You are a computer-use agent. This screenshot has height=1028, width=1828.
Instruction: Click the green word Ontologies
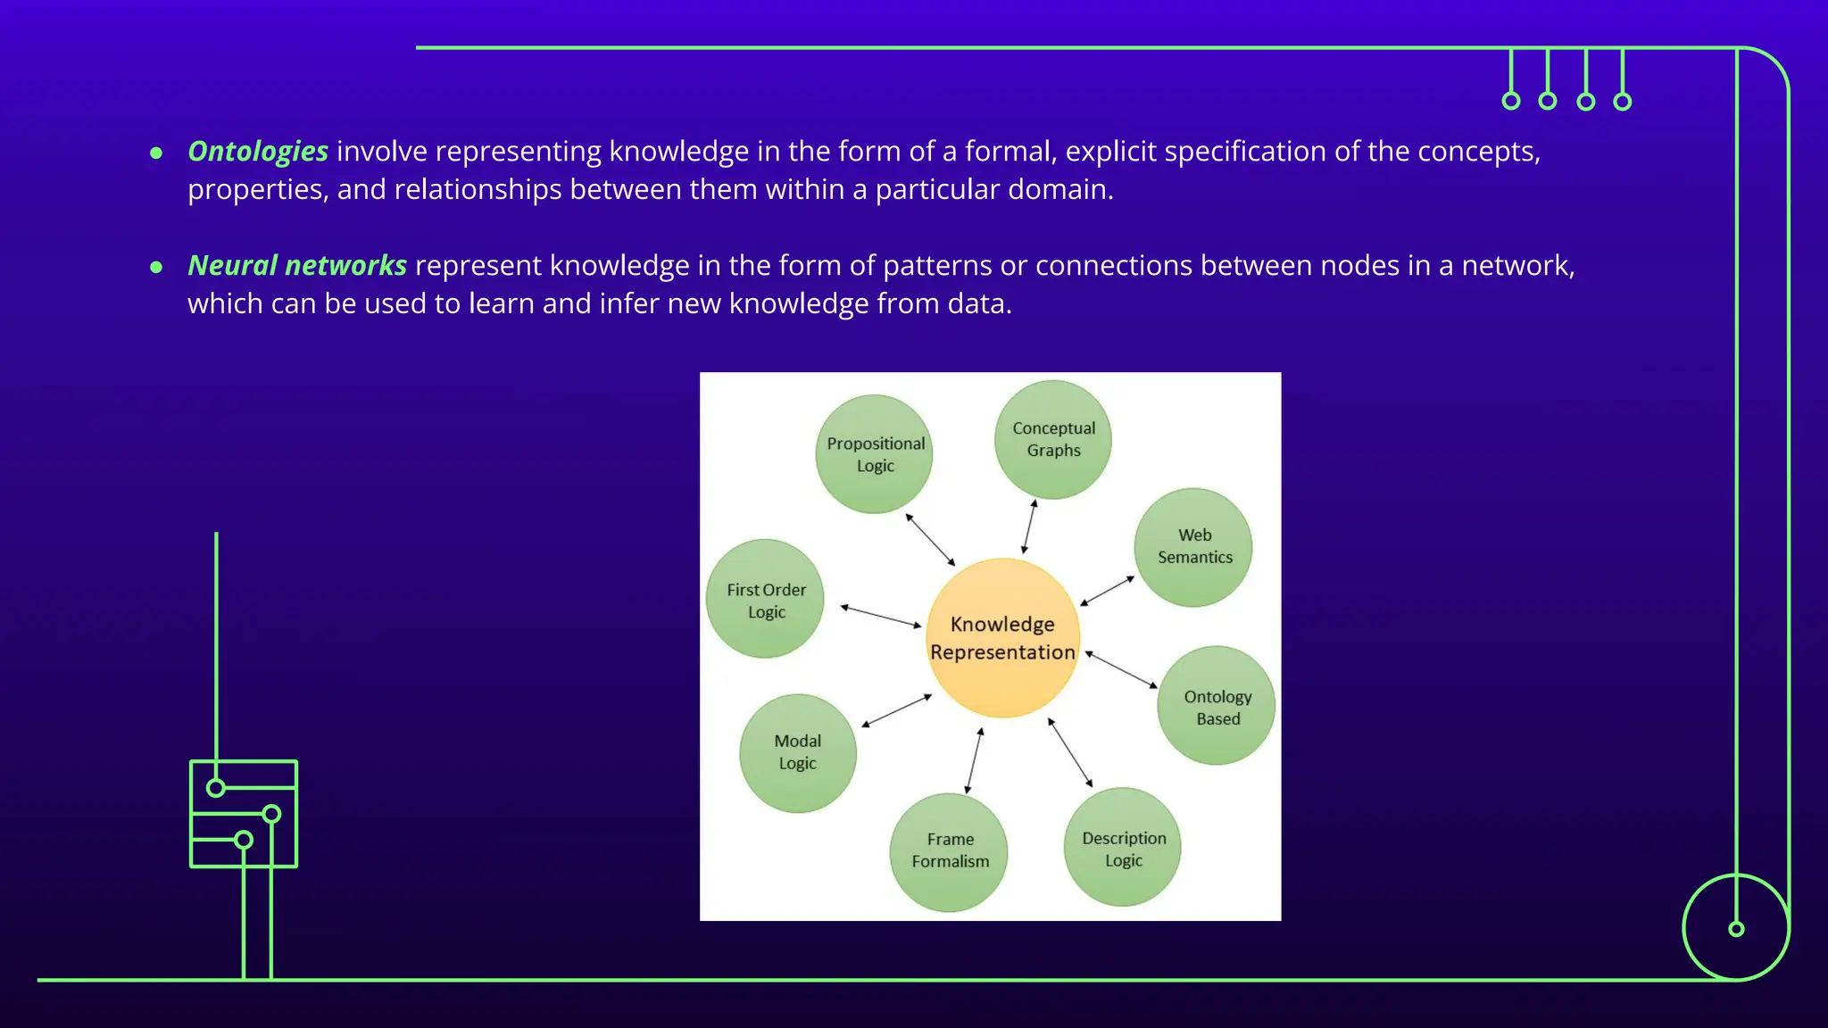(258, 152)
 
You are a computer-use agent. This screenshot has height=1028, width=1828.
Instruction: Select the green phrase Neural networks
(297, 266)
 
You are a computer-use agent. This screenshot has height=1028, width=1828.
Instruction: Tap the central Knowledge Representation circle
(1002, 638)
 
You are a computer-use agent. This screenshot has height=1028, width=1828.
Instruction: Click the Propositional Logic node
(875, 454)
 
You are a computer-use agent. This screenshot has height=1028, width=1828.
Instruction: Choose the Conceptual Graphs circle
(1053, 439)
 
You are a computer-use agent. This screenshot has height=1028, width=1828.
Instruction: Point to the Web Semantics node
(1194, 547)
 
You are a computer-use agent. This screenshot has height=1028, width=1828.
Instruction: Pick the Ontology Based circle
(1217, 706)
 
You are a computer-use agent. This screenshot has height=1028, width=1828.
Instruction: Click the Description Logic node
(1123, 848)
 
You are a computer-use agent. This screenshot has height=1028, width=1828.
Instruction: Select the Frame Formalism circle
(950, 851)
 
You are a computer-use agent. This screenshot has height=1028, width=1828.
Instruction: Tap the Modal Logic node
(798, 752)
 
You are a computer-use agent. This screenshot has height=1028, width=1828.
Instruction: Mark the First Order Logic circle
(766, 600)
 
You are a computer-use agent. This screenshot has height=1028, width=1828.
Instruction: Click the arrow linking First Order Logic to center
(881, 616)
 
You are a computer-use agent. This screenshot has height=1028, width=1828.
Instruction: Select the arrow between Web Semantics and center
(1108, 591)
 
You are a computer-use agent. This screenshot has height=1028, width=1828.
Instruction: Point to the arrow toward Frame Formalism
(974, 760)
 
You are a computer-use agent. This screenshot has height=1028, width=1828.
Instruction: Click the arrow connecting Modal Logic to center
(896, 710)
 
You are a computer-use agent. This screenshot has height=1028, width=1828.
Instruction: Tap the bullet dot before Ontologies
(156, 153)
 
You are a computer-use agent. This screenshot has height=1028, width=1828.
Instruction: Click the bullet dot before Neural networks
(156, 267)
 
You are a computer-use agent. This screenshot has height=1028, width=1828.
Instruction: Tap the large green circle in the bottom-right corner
(1736, 928)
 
